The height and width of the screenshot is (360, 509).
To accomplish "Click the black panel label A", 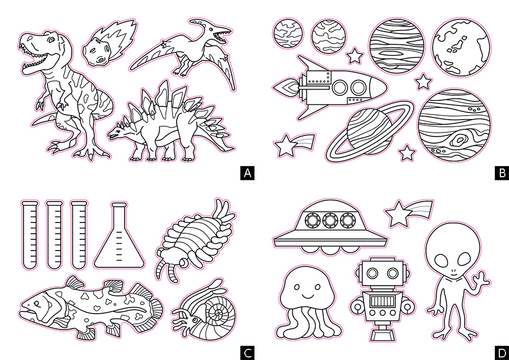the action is (x=247, y=173).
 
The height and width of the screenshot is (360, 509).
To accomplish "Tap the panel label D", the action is (x=502, y=353).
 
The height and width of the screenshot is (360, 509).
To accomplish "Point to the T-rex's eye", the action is (x=51, y=40).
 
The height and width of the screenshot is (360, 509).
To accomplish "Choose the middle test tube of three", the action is (x=54, y=235).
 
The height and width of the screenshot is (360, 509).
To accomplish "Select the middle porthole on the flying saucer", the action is (x=330, y=221).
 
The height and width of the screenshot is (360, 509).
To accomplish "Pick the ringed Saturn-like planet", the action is (x=370, y=132).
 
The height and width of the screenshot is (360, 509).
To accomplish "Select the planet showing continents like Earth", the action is (x=461, y=47).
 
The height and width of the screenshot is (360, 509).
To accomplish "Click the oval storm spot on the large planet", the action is (x=459, y=140).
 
